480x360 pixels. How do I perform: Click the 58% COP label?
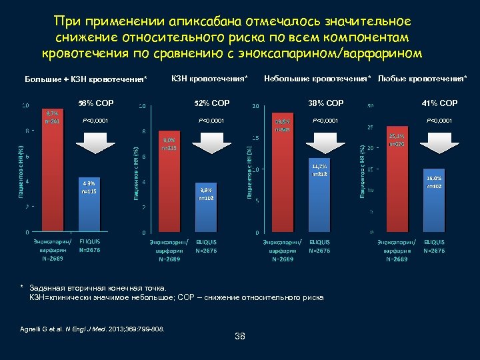coord(96,103)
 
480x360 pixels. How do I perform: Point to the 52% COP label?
coord(211,103)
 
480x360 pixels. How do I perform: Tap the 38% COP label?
coord(326,103)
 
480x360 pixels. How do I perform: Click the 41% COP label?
coord(439,103)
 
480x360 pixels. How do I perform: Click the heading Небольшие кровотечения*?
coord(319,79)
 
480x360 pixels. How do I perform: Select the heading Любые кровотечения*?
coord(422,79)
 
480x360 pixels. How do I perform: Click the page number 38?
coord(240,337)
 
